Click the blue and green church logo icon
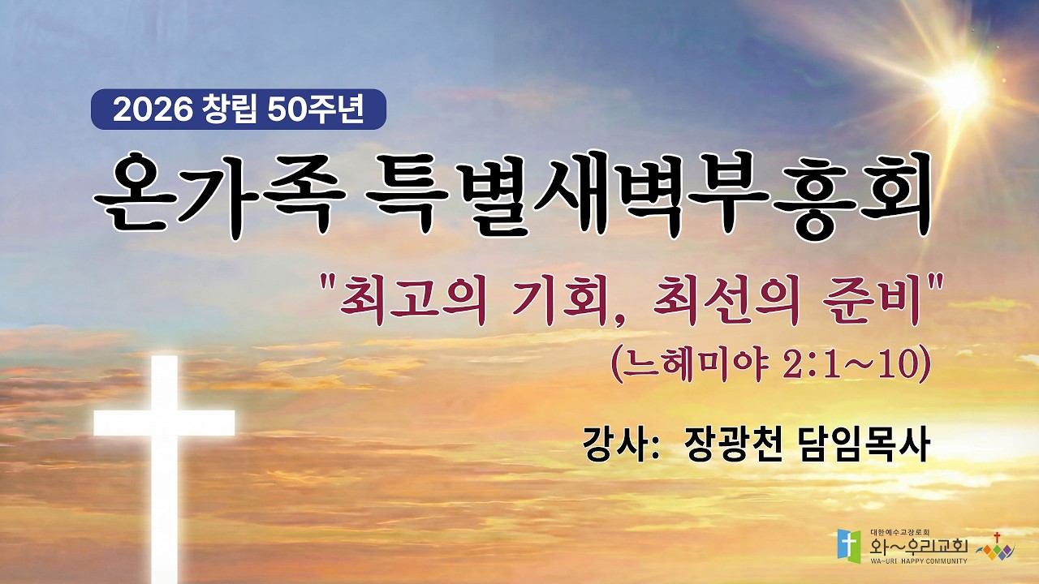[849, 543]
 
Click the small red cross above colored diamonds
[997, 537]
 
